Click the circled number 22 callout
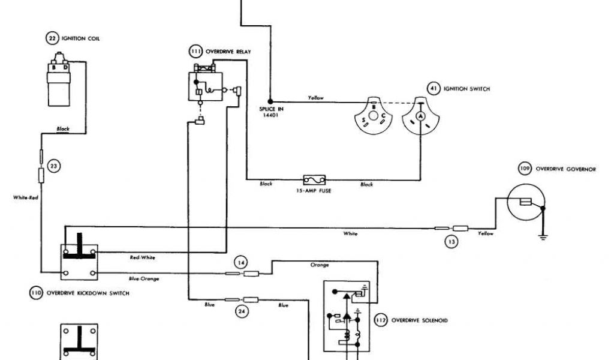click(x=52, y=38)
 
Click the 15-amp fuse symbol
click(x=314, y=179)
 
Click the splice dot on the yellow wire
click(x=270, y=101)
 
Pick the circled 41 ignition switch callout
click(x=433, y=89)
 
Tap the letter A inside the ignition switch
click(x=421, y=115)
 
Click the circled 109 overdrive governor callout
click(x=525, y=169)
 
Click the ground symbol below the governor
click(x=544, y=238)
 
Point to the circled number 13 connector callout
click(x=451, y=241)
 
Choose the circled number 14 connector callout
click(x=240, y=262)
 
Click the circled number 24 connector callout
click(x=241, y=311)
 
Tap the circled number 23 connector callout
click(x=54, y=166)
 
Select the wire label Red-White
click(x=142, y=257)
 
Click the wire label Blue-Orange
click(x=144, y=278)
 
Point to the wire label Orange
click(x=320, y=265)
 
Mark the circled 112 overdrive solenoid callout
click(x=380, y=320)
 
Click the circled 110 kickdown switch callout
click(x=36, y=293)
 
